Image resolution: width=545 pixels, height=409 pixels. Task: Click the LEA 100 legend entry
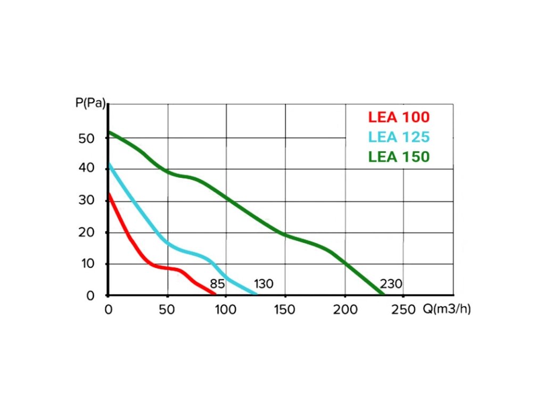[x=398, y=117]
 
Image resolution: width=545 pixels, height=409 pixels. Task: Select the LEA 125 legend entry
[x=398, y=137]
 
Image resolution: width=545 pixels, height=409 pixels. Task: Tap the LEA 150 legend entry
[x=398, y=157]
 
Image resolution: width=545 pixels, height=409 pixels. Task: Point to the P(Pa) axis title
[x=90, y=102]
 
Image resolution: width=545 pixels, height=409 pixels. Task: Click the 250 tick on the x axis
[x=402, y=310]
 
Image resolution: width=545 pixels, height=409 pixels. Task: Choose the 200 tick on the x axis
[x=344, y=310]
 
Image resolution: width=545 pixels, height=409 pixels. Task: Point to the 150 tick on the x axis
[x=285, y=310]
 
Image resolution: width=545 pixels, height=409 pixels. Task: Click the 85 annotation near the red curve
[x=217, y=284]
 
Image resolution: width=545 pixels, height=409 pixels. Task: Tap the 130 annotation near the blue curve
[x=263, y=284]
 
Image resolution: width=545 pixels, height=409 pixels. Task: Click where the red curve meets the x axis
[x=215, y=294]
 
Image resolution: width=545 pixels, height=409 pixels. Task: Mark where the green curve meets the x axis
[x=383, y=294]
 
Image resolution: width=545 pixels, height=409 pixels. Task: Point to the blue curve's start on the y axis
[x=109, y=164]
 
